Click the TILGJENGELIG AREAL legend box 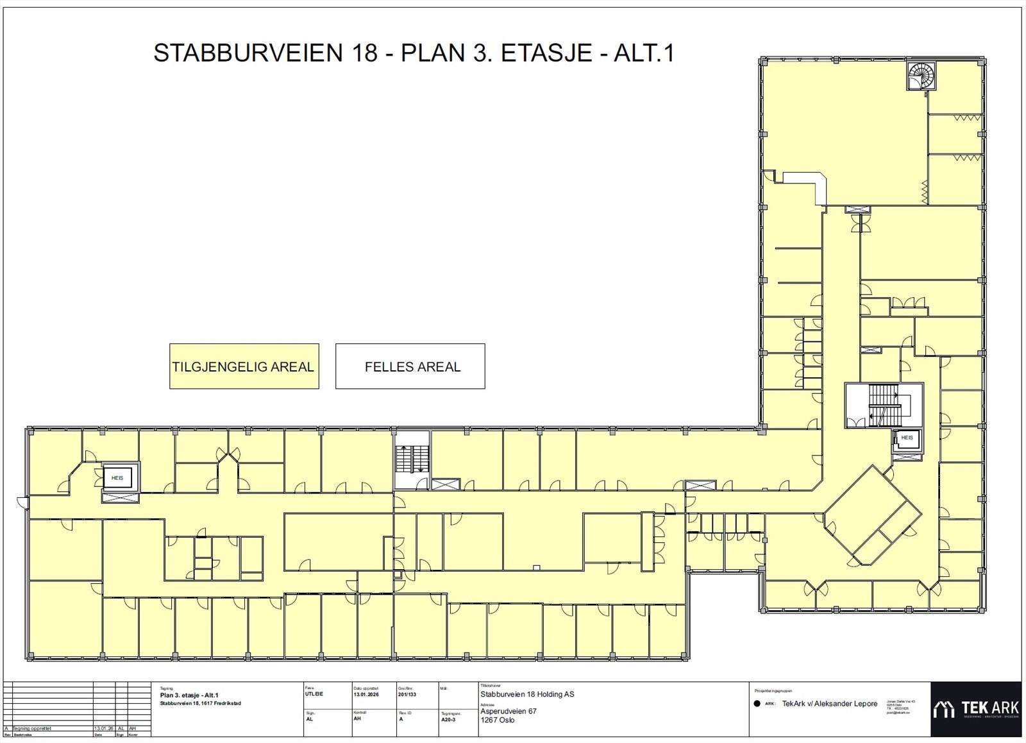244,366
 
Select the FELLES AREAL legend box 410,366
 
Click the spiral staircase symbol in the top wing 921,76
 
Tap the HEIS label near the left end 117,477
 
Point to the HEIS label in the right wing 907,438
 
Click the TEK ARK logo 976,708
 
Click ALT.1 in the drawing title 644,53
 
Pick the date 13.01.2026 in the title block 366,694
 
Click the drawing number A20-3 449,720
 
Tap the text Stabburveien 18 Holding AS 527,694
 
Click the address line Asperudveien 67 508,711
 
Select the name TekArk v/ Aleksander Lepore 830,704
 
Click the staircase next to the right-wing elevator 883,406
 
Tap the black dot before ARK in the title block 757,704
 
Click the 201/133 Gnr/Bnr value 407,694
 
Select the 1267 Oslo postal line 497,720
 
